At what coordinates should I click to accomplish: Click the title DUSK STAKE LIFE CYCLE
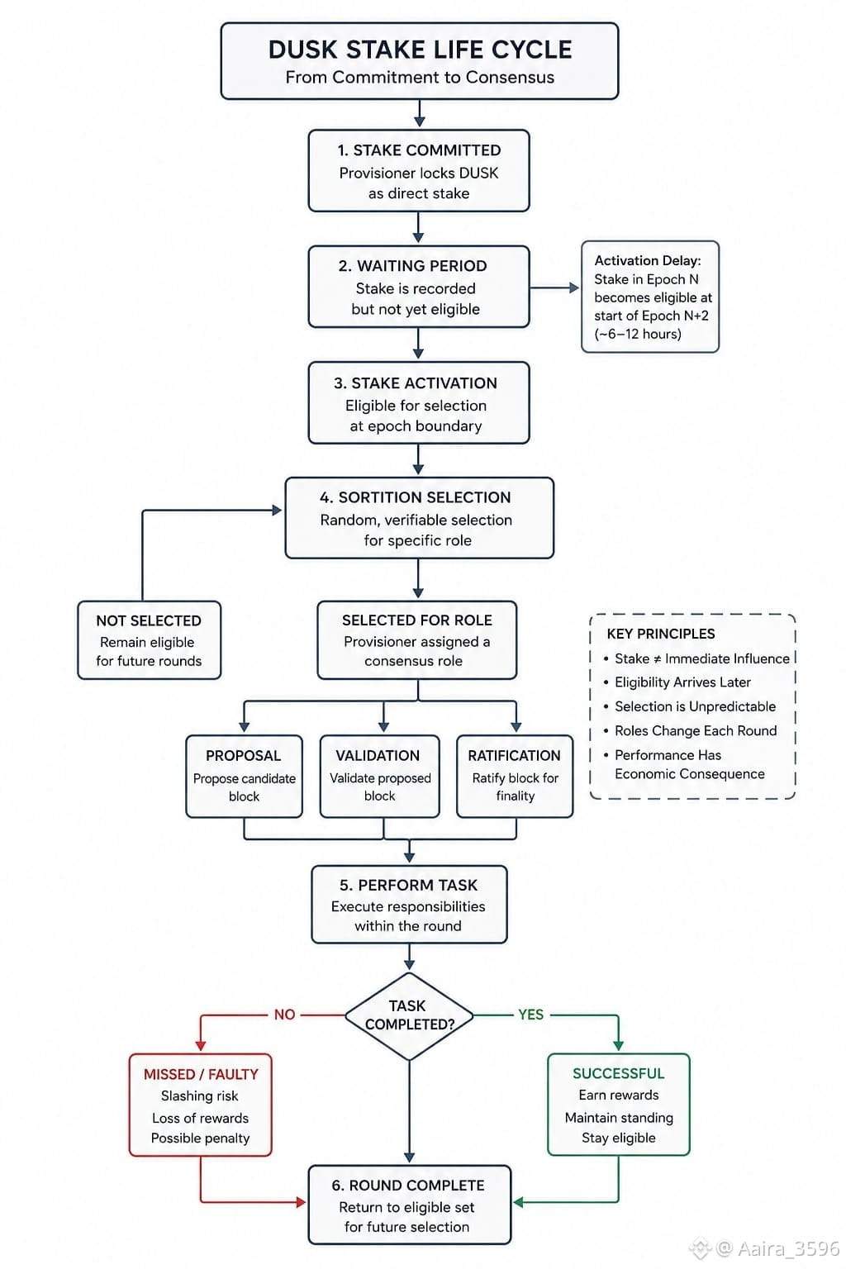pyautogui.click(x=420, y=50)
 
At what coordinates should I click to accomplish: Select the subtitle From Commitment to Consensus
pyautogui.click(x=420, y=77)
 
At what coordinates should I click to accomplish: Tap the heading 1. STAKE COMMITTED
pyautogui.click(x=420, y=150)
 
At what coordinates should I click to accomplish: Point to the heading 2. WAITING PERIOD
pyautogui.click(x=412, y=266)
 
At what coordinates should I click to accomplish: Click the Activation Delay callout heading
pyautogui.click(x=648, y=260)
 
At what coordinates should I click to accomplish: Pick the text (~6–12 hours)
pyautogui.click(x=638, y=334)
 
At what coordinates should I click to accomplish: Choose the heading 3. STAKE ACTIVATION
pyautogui.click(x=416, y=383)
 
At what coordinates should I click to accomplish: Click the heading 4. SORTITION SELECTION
pyautogui.click(x=416, y=497)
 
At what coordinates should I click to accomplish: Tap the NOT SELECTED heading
pyautogui.click(x=149, y=620)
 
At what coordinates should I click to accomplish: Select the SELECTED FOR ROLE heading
pyautogui.click(x=417, y=620)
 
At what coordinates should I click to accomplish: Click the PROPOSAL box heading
pyautogui.click(x=243, y=755)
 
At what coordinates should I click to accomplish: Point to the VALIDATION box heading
pyautogui.click(x=378, y=755)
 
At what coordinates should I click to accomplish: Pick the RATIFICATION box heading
pyautogui.click(x=514, y=755)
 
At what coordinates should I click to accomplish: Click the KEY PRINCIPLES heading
pyautogui.click(x=661, y=634)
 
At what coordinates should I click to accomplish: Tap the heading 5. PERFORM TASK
pyautogui.click(x=408, y=885)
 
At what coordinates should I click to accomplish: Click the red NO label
pyautogui.click(x=284, y=1014)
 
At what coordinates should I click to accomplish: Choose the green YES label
pyautogui.click(x=530, y=1014)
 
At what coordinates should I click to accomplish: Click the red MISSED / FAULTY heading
pyautogui.click(x=201, y=1074)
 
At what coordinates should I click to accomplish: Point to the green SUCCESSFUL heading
pyautogui.click(x=618, y=1073)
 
